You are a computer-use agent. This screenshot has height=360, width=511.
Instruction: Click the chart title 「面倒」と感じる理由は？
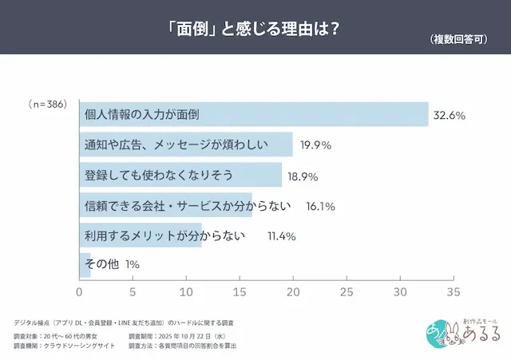[255, 27]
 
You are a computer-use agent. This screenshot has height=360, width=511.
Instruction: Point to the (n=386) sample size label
[47, 104]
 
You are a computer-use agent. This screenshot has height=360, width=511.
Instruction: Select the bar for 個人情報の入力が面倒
[254, 115]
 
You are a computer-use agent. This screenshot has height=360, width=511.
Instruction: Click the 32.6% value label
[449, 116]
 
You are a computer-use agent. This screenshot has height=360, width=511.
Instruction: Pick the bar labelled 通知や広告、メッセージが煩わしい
[186, 145]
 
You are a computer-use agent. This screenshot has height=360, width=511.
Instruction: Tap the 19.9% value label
[315, 146]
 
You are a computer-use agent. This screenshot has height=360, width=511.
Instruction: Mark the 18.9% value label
[304, 176]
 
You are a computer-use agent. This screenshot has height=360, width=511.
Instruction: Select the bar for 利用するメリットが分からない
[141, 235]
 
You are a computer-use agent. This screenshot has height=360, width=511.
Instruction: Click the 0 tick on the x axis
[79, 291]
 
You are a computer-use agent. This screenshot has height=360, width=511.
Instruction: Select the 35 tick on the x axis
[454, 291]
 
